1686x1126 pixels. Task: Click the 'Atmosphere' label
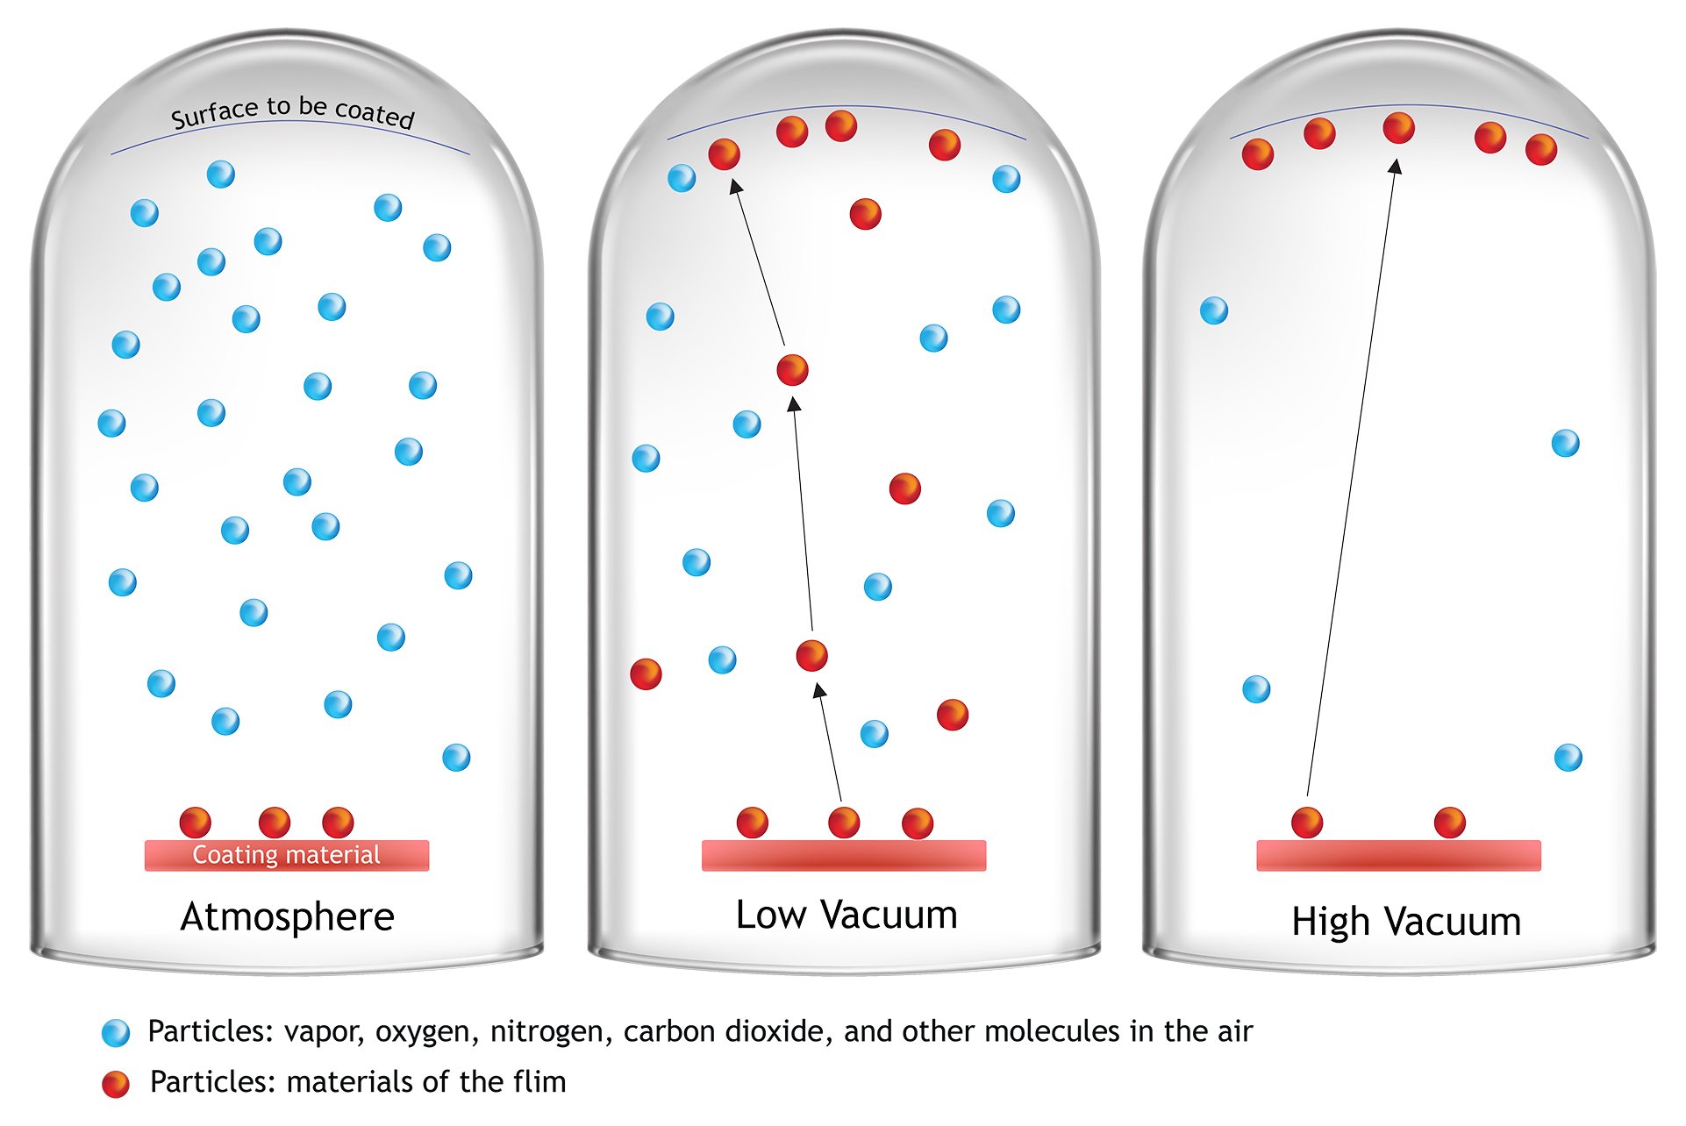tap(288, 917)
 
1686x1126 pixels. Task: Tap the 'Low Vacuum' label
tap(847, 915)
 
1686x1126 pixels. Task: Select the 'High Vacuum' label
tap(1406, 923)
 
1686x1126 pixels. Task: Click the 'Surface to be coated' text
tap(292, 112)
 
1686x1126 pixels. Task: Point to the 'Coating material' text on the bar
tap(287, 855)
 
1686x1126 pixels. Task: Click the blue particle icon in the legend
tap(116, 1033)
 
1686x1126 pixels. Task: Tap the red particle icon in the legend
tap(116, 1084)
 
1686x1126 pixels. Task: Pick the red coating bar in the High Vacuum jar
tap(1398, 856)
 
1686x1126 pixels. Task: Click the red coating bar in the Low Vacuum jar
tap(844, 856)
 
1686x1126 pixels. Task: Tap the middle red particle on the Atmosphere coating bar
tap(275, 823)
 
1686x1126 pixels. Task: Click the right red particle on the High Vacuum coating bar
tap(1450, 823)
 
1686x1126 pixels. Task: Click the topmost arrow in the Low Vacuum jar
tap(757, 262)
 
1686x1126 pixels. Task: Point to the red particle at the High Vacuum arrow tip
tap(1399, 128)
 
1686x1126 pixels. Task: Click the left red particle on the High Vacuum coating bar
tap(1307, 823)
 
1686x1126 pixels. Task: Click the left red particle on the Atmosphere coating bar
tap(196, 823)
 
